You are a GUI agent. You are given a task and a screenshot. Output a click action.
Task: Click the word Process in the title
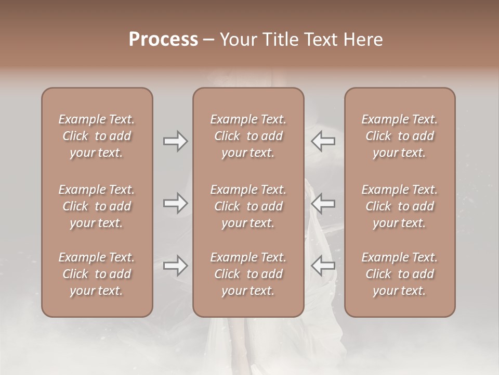pyautogui.click(x=163, y=40)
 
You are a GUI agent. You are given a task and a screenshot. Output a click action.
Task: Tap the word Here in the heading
pyautogui.click(x=363, y=40)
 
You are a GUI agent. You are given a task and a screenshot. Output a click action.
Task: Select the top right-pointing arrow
pyautogui.click(x=175, y=141)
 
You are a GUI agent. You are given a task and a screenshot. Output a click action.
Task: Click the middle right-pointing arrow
pyautogui.click(x=175, y=203)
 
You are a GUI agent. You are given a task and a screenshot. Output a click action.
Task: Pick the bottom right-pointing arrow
pyautogui.click(x=175, y=266)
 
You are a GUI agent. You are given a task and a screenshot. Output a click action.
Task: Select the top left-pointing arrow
pyautogui.click(x=323, y=141)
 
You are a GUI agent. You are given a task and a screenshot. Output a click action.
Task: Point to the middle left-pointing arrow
pyautogui.click(x=323, y=203)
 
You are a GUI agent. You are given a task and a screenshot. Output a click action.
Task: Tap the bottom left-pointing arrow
pyautogui.click(x=323, y=266)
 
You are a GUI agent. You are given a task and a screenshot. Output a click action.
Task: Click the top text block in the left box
pyautogui.click(x=97, y=136)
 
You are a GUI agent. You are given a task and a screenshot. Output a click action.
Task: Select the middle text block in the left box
pyautogui.click(x=97, y=206)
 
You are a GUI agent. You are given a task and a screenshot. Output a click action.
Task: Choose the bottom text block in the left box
pyautogui.click(x=97, y=274)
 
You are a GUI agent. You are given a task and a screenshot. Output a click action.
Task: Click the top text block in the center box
pyautogui.click(x=248, y=136)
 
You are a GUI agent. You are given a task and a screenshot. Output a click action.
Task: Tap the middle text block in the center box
pyautogui.click(x=248, y=206)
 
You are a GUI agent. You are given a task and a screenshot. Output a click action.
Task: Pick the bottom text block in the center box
pyautogui.click(x=248, y=274)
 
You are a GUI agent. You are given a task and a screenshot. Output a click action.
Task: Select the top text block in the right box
pyautogui.click(x=399, y=136)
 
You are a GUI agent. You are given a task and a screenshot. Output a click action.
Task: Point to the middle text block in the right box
pyautogui.click(x=399, y=206)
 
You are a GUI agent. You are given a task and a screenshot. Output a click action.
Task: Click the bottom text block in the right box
pyautogui.click(x=399, y=274)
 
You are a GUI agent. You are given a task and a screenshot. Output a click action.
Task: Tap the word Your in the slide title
pyautogui.click(x=238, y=40)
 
